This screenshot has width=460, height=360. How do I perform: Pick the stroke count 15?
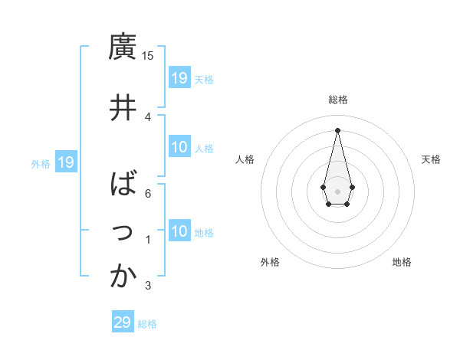pos(148,55)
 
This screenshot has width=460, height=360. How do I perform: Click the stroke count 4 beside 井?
pos(148,116)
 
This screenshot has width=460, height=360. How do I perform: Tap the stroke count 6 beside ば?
pos(148,193)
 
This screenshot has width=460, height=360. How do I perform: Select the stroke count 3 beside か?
pos(148,286)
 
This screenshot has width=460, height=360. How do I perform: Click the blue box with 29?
pos(123,322)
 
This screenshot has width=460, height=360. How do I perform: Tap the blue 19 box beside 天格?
pos(179,77)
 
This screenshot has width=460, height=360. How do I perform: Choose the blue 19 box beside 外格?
pos(66,162)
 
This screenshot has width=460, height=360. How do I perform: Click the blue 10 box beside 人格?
pos(179,147)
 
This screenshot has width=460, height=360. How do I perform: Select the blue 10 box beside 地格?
pos(179,231)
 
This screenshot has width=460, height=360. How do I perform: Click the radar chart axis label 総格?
pos(338,100)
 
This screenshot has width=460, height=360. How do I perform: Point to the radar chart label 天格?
pos(431,159)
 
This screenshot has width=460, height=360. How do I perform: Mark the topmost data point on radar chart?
pos(338,129)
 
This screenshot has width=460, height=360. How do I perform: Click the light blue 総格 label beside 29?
pos(147,324)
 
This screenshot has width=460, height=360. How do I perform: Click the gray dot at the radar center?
pos(338,190)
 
